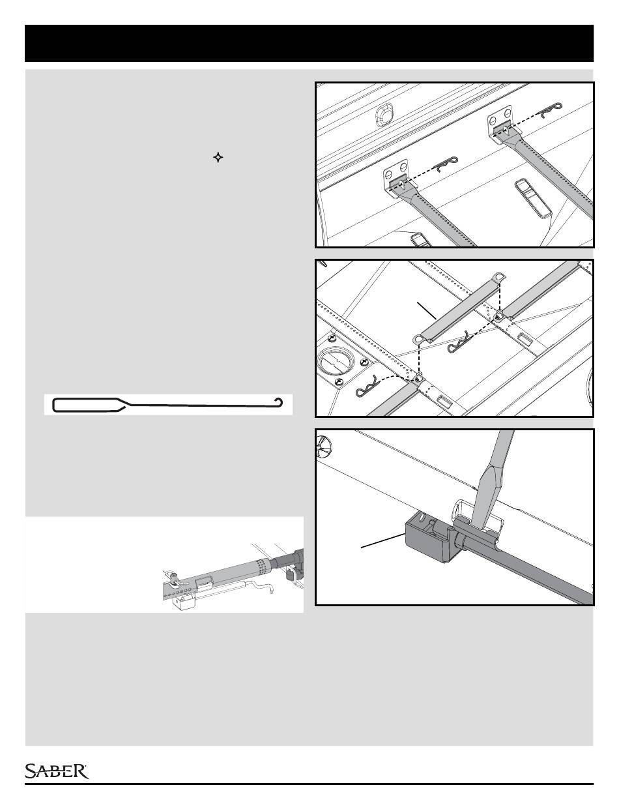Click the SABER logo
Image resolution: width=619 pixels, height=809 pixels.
57,771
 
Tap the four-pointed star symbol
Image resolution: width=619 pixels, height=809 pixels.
218,158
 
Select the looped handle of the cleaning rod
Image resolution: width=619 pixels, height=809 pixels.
85,405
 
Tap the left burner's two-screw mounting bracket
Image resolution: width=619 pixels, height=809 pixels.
395,180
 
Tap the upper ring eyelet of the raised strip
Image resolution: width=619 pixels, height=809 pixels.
500,278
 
